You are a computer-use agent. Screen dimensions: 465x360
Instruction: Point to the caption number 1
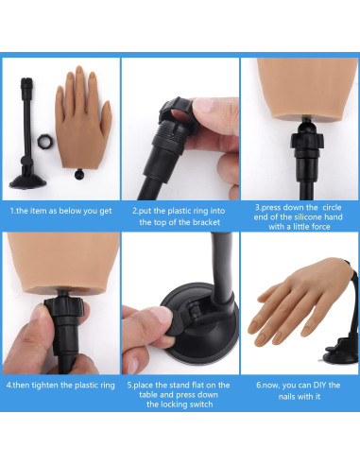[x=12, y=212]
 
